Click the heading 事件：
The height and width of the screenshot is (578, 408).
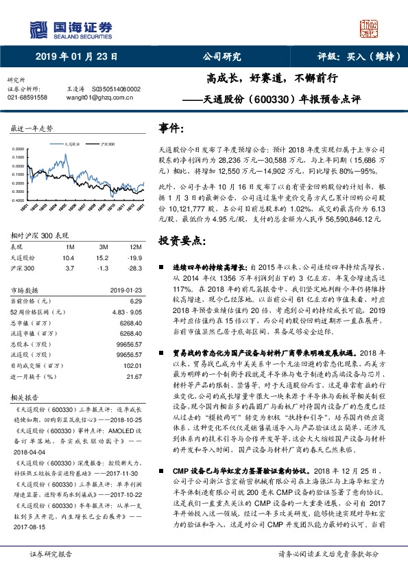(x=171, y=128)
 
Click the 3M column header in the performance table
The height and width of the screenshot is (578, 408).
(x=103, y=246)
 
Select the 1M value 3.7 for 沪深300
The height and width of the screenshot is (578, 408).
(x=67, y=267)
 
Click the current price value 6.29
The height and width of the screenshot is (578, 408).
(x=135, y=301)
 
